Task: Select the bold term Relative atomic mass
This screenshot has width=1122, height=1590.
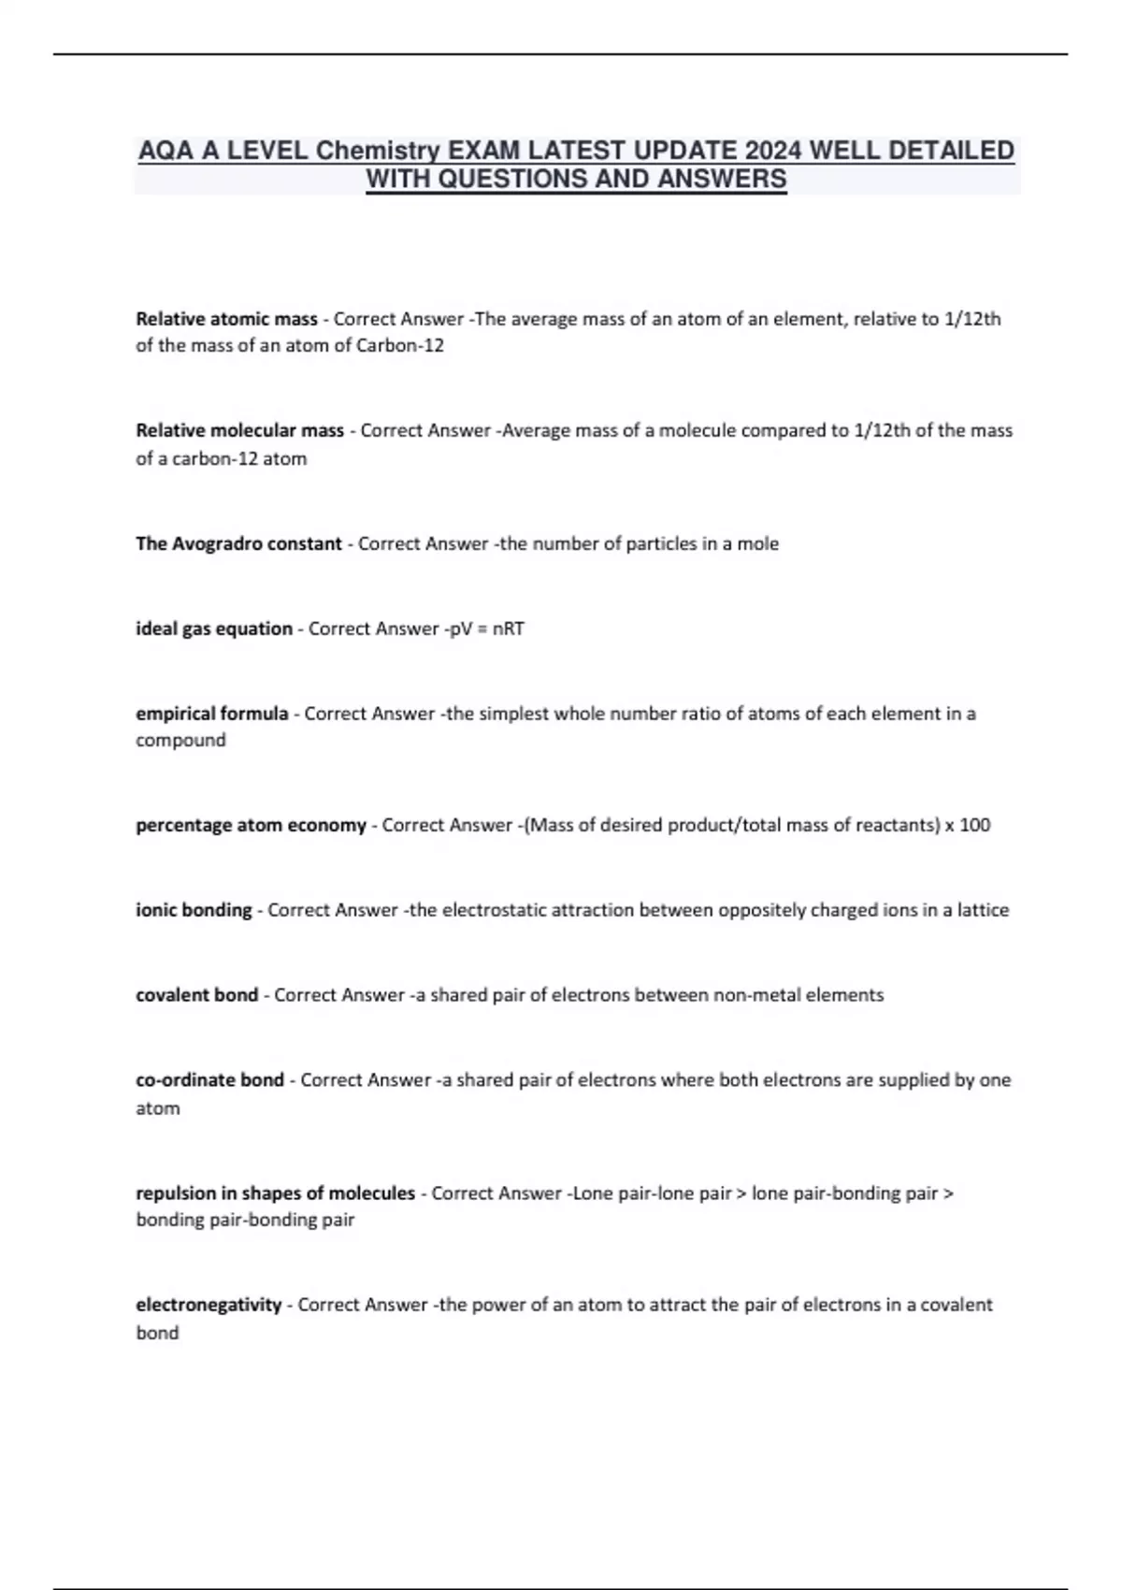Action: click(226, 319)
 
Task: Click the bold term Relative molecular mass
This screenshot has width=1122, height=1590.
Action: click(239, 431)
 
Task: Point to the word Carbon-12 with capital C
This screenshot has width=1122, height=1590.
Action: click(400, 346)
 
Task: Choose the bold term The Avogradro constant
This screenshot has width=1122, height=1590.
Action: click(238, 544)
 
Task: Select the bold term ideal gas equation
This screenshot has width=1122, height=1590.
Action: click(214, 629)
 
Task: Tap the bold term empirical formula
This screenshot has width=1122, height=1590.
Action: click(212, 714)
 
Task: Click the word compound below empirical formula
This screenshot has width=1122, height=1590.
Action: click(180, 741)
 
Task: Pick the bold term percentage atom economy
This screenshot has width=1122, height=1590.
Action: click(251, 826)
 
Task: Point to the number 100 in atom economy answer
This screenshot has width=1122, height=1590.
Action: click(974, 826)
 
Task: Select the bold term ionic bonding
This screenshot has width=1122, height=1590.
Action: click(194, 910)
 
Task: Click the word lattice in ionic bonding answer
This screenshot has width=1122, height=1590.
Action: click(982, 910)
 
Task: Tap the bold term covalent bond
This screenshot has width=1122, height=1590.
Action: click(196, 995)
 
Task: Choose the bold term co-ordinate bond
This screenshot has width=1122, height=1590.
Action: click(209, 1080)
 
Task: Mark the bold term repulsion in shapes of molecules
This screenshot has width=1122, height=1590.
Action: click(275, 1193)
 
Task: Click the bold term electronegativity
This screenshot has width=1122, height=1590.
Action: click(209, 1305)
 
